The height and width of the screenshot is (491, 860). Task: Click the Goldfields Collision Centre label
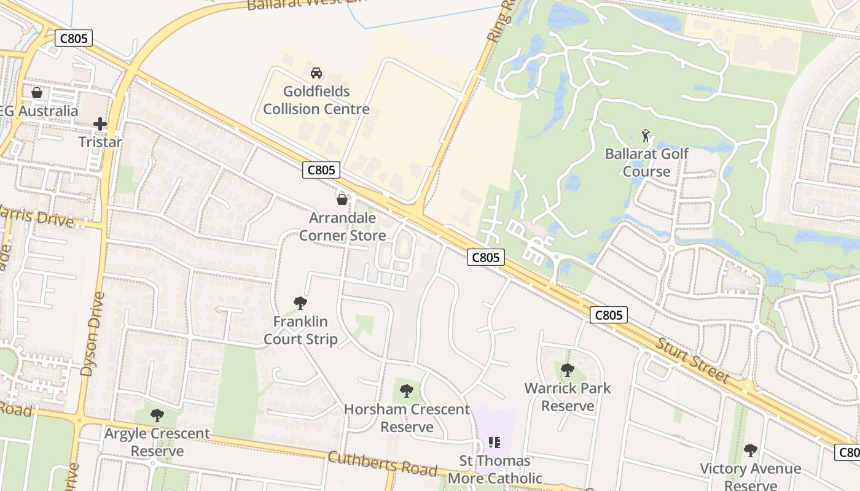click(x=316, y=101)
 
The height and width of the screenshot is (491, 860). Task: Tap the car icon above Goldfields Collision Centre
click(x=316, y=73)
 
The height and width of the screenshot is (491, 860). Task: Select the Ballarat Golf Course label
click(x=647, y=162)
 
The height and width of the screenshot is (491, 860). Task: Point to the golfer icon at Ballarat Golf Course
click(x=646, y=135)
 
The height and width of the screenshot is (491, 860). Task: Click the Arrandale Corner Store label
click(x=343, y=226)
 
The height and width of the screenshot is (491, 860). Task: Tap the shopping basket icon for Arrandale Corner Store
click(x=342, y=199)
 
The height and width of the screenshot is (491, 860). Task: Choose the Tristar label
click(x=100, y=142)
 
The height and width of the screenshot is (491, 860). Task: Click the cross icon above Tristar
click(x=100, y=124)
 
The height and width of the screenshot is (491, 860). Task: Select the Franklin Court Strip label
click(x=300, y=330)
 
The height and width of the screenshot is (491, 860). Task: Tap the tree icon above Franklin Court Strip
click(x=300, y=303)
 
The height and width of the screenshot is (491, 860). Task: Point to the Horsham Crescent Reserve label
click(x=407, y=418)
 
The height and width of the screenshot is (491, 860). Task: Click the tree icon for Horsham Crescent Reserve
click(x=406, y=391)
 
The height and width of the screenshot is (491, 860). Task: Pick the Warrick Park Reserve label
click(x=568, y=397)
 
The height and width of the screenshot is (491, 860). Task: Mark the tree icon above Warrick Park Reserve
click(x=568, y=369)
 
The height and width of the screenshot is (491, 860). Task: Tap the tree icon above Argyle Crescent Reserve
click(x=157, y=416)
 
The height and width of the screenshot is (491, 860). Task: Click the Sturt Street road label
click(x=693, y=360)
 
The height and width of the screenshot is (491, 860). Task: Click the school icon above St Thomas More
click(x=495, y=442)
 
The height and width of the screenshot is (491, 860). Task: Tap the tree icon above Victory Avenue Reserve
click(x=750, y=450)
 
